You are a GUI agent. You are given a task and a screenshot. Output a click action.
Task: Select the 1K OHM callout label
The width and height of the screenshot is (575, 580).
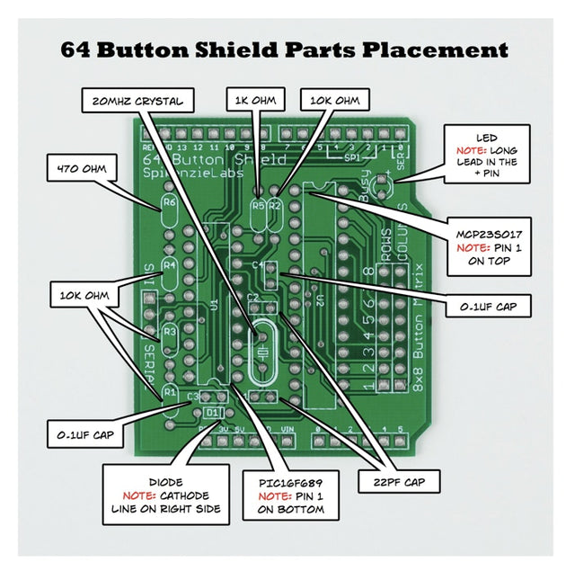coord(255,101)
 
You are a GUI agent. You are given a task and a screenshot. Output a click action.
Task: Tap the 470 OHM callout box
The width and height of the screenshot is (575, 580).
coord(81,168)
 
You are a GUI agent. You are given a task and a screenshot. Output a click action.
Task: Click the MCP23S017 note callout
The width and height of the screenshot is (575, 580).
coord(491,246)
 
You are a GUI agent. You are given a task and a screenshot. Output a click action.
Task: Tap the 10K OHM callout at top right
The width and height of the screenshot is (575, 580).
coord(334,101)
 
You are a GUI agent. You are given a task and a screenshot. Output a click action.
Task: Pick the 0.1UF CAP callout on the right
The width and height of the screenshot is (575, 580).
coord(488,306)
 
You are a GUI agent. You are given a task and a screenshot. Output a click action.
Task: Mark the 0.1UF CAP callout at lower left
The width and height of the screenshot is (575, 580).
coord(83,435)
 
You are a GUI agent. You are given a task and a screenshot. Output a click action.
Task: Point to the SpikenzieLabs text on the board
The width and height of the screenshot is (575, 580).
coord(192,173)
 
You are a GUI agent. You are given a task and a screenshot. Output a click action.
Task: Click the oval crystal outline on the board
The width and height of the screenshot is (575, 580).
coord(259,346)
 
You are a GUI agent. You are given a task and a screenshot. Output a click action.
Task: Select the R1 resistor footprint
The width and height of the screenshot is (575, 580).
coord(169,391)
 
